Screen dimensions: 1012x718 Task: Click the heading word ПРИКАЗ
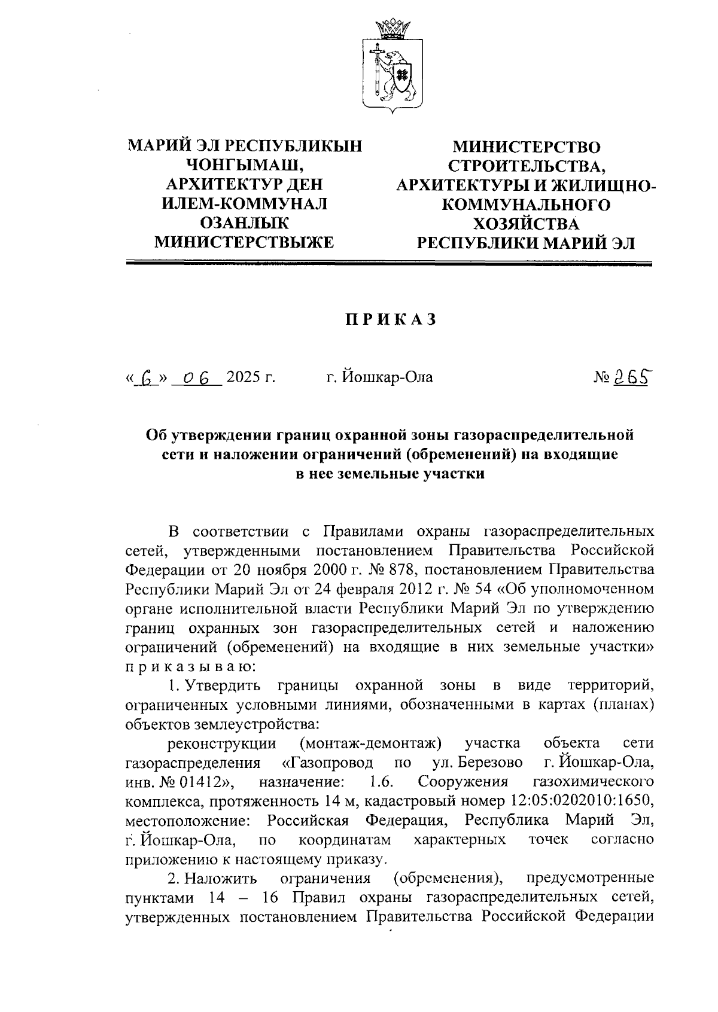tap(391, 320)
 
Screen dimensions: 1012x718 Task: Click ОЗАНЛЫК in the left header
tap(245, 223)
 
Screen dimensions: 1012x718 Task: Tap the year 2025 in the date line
tap(244, 377)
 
